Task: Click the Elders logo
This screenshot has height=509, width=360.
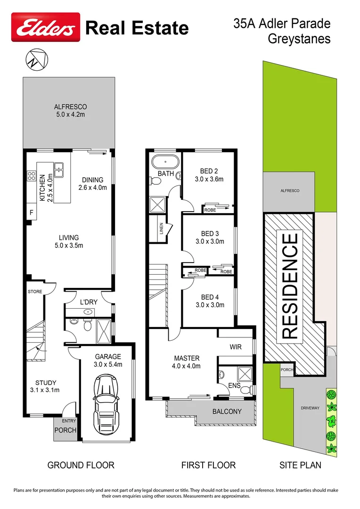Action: [46, 29]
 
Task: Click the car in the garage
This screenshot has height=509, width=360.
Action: [108, 404]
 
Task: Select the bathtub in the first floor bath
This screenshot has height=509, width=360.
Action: [165, 162]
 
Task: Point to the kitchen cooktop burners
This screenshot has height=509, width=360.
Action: [32, 176]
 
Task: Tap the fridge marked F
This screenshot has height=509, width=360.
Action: [32, 213]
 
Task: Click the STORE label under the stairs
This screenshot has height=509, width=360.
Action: [34, 292]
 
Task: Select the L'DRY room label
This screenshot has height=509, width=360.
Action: [88, 301]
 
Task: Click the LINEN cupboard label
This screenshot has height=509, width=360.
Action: [162, 228]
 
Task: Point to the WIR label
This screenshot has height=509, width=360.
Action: [236, 347]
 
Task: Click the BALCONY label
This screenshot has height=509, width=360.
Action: [227, 411]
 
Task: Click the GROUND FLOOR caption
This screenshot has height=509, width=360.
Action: [81, 465]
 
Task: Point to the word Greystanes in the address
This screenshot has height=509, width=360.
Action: [299, 39]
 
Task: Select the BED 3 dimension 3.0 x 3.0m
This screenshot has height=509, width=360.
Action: [210, 241]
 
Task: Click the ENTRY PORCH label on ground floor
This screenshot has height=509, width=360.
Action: [65, 427]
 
